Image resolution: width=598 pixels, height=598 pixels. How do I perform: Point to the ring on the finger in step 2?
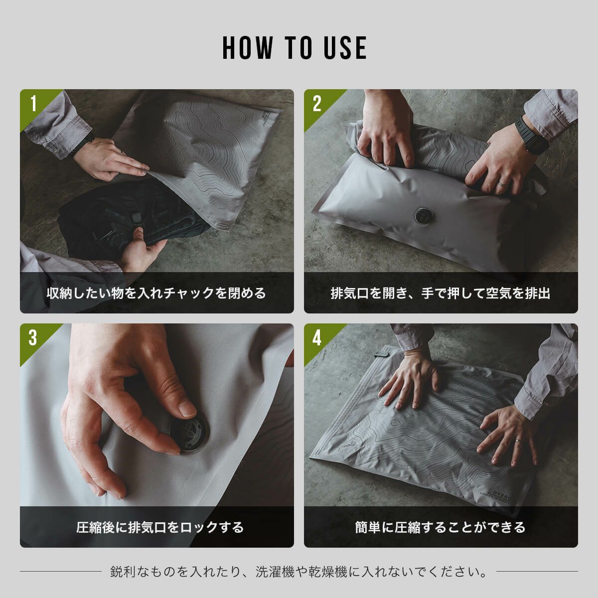[503, 184]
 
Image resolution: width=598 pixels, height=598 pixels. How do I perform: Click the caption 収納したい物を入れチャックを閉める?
[156, 293]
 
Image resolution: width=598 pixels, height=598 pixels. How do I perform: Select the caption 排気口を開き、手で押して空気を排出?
[441, 293]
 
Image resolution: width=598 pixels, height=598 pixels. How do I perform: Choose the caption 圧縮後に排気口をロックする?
[160, 527]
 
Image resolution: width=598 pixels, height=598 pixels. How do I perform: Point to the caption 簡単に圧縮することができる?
[441, 527]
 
